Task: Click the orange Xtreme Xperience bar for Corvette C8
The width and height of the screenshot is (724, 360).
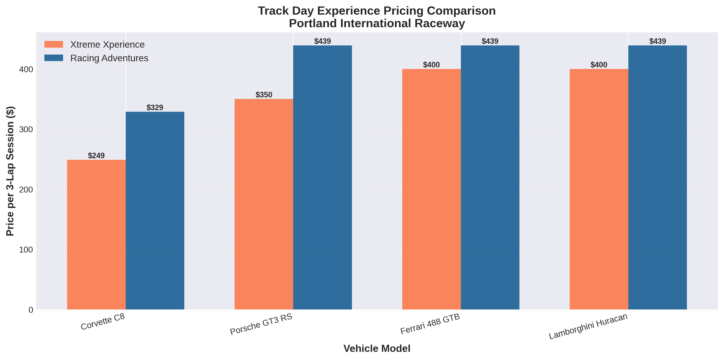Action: click(x=96, y=235)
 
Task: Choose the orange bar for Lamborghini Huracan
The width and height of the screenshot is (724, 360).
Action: click(x=599, y=189)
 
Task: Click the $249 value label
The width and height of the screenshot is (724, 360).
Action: click(x=96, y=156)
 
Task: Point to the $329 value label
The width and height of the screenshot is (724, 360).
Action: click(x=155, y=107)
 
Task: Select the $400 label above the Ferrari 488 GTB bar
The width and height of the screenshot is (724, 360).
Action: click(x=431, y=65)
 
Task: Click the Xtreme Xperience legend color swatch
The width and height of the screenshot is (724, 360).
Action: click(x=54, y=44)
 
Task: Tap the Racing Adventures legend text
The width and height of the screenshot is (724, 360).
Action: click(x=109, y=58)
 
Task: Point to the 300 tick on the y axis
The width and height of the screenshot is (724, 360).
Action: click(x=26, y=129)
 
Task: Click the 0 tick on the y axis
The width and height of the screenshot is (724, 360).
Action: click(x=31, y=310)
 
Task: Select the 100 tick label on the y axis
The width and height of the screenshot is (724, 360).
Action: click(x=26, y=250)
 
